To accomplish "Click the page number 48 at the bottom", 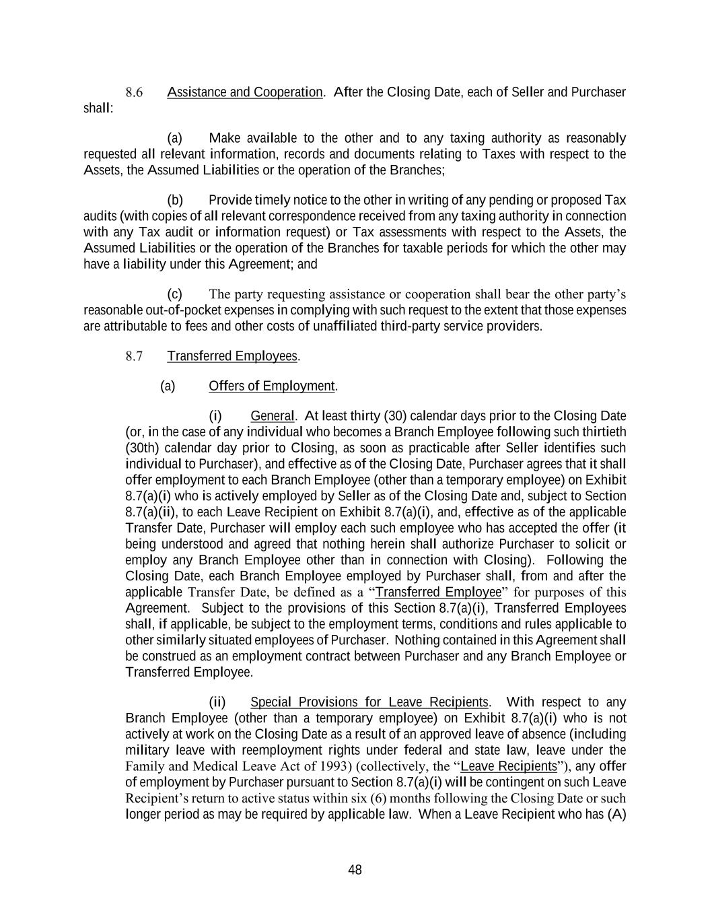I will click(x=355, y=870).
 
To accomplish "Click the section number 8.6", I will click(x=134, y=92).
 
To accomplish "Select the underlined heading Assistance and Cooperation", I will click(x=245, y=92).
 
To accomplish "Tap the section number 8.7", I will click(x=134, y=356).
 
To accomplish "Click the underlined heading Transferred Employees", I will click(x=232, y=356).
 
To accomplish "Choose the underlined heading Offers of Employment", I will click(x=272, y=386).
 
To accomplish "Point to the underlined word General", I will click(x=272, y=416).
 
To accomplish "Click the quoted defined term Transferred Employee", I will click(x=438, y=592).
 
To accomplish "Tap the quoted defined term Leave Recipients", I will click(x=509, y=766).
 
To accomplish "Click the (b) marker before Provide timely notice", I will click(x=175, y=200).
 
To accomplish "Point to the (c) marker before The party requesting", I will click(x=175, y=294).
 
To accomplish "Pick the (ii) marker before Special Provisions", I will click(x=217, y=702).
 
